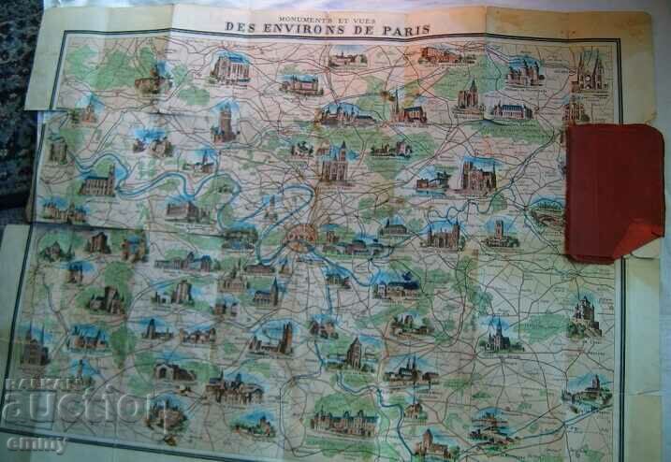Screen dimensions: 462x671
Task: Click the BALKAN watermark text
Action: (34, 384)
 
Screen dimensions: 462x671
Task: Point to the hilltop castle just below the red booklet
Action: (586, 315)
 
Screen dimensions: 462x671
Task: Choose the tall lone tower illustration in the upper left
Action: (226, 122)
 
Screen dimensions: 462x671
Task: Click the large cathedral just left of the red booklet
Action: (475, 176)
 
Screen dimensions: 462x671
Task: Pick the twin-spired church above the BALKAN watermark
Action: (36, 348)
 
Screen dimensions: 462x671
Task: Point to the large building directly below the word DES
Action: (230, 67)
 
